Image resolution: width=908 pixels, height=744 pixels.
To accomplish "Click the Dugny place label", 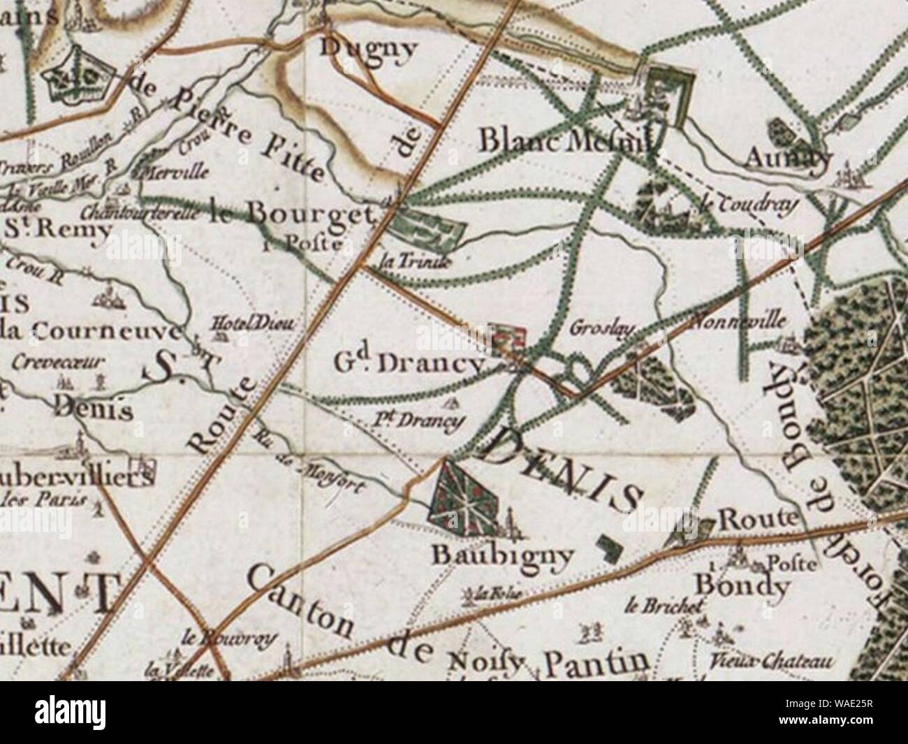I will click(x=368, y=48).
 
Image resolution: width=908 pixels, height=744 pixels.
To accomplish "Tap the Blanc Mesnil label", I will click(x=566, y=141).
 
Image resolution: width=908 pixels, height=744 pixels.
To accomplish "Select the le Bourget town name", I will click(x=288, y=215).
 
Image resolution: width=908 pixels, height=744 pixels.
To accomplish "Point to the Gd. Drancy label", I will click(x=408, y=363).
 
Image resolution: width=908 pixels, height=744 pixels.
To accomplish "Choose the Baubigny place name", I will click(x=503, y=555).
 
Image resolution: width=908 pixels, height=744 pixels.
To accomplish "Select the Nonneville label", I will click(x=739, y=322).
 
